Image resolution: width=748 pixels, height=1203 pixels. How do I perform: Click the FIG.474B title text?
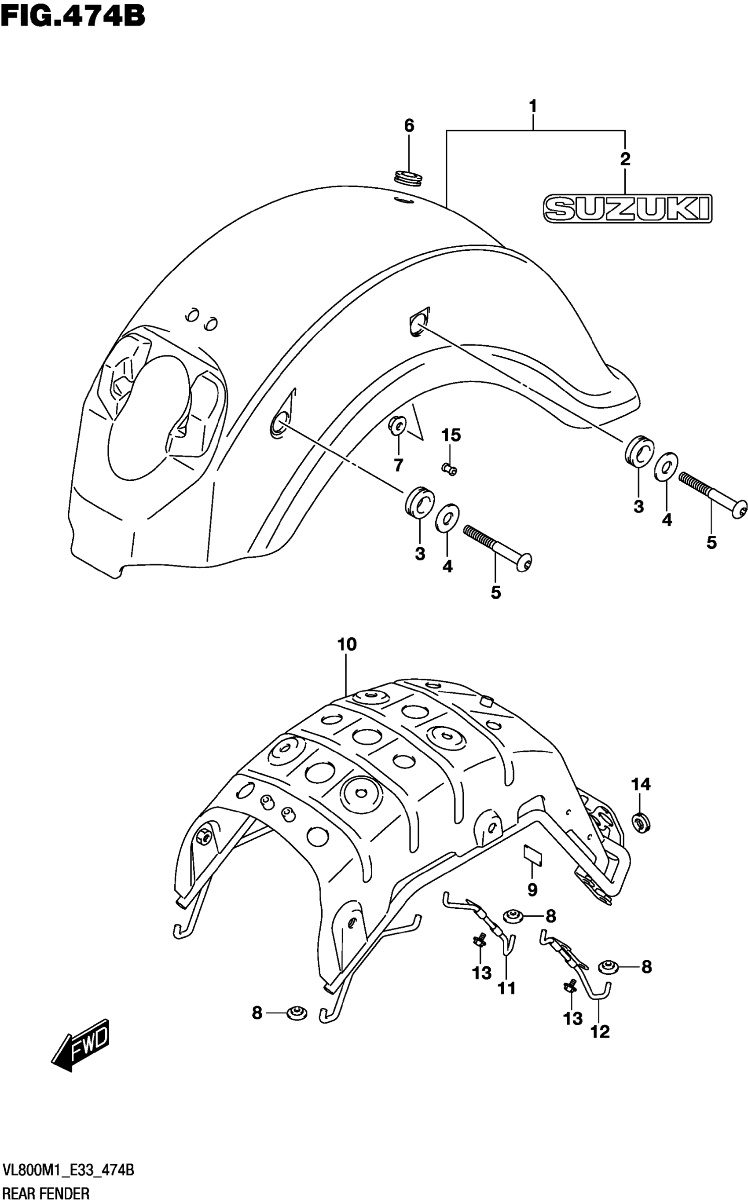pyautogui.click(x=73, y=16)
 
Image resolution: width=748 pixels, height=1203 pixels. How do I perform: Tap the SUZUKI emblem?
pyautogui.click(x=627, y=208)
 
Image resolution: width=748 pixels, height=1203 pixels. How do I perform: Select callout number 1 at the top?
pyautogui.click(x=533, y=106)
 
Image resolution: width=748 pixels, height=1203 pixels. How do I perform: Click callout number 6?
pyautogui.click(x=409, y=126)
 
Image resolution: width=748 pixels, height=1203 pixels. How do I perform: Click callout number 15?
pyautogui.click(x=451, y=435)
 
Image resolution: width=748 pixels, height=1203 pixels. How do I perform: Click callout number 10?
pyautogui.click(x=347, y=645)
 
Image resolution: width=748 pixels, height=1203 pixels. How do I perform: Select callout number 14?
pyautogui.click(x=641, y=784)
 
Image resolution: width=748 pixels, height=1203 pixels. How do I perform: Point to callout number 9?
pyautogui.click(x=532, y=890)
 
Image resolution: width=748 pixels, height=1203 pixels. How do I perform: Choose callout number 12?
pyautogui.click(x=600, y=1031)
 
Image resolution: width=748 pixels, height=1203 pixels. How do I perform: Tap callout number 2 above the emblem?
pyautogui.click(x=625, y=159)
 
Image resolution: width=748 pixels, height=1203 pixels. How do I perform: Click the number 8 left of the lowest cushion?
pyautogui.click(x=257, y=1013)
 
